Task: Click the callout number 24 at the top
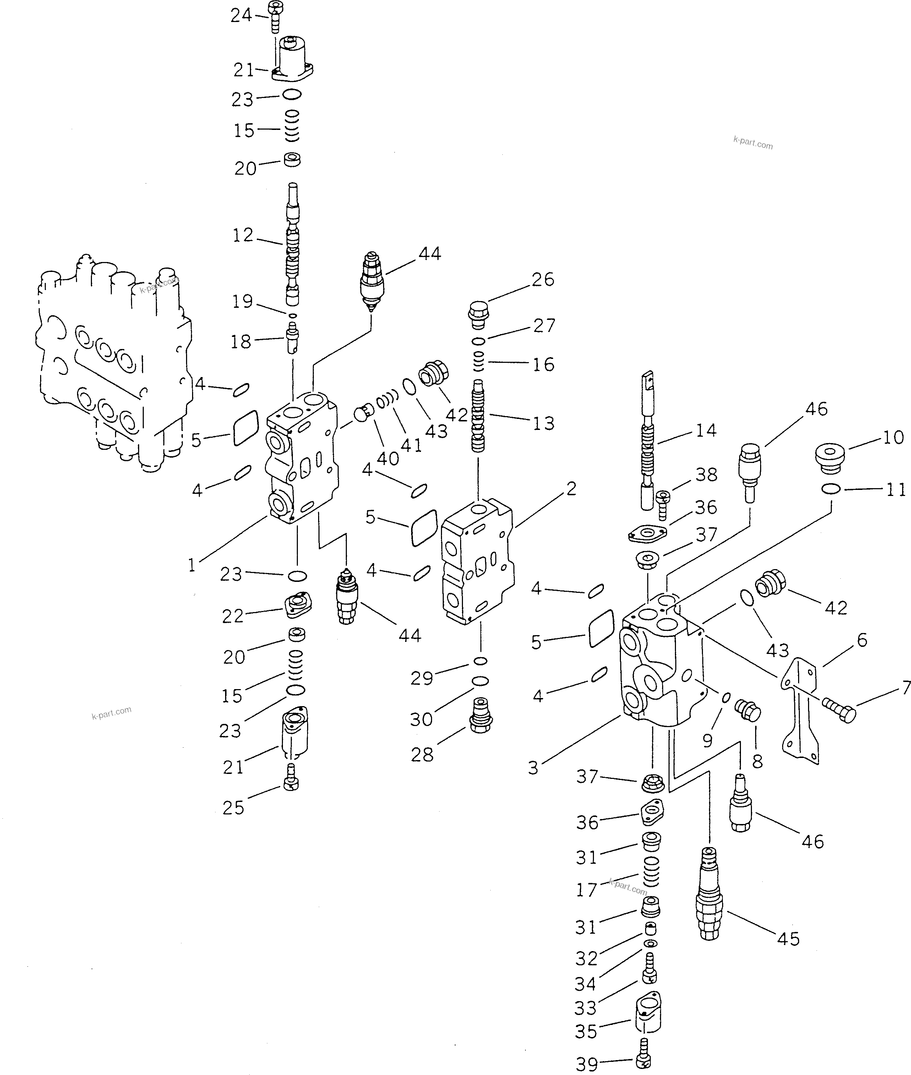241,16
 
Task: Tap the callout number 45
788,938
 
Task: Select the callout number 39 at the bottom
587,1064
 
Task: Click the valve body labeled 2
478,563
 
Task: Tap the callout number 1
192,566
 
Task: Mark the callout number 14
706,430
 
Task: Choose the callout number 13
543,423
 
